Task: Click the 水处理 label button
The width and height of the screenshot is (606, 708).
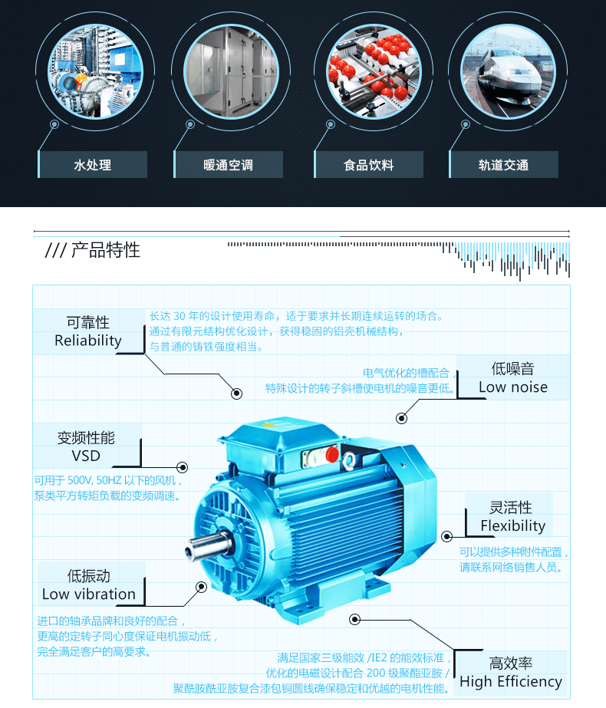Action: [93, 165]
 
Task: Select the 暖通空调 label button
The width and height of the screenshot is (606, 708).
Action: [229, 165]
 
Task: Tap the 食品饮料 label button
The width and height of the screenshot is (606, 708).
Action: [369, 165]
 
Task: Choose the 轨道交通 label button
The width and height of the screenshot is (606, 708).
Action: [503, 165]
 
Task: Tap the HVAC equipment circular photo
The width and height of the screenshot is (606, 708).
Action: [229, 72]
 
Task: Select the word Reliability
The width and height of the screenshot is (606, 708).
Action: [88, 341]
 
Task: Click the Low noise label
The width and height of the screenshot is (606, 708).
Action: [513, 387]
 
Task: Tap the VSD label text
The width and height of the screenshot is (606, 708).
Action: [86, 456]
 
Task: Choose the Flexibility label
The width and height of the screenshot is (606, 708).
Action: [512, 525]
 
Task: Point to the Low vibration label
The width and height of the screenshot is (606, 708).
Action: [89, 594]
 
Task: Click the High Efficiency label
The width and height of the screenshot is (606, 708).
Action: [510, 681]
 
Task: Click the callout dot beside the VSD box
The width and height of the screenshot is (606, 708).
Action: [183, 467]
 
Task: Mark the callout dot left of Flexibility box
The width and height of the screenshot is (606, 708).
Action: [448, 535]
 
